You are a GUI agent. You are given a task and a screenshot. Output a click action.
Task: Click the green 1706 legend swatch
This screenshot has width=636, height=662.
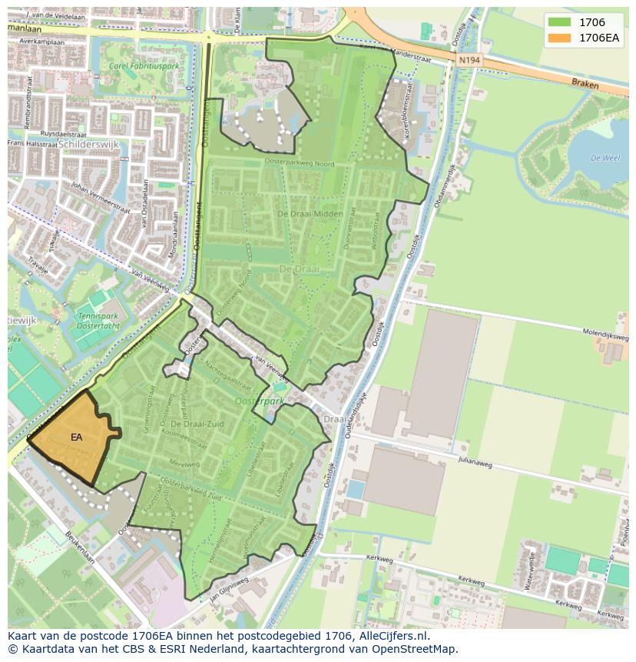[x=559, y=22]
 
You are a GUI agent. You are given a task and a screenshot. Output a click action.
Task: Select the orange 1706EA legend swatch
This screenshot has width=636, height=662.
[x=559, y=38]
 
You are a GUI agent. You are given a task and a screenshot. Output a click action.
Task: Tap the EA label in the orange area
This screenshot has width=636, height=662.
[x=76, y=437]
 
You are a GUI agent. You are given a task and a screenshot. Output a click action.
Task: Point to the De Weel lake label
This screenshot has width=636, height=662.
[x=605, y=158]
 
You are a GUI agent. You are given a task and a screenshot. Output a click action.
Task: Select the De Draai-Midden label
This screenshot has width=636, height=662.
[x=309, y=214]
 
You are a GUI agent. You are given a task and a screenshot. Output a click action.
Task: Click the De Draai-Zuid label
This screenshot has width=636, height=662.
[x=197, y=424]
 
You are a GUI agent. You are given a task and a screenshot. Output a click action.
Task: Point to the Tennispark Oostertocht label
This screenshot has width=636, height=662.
[x=97, y=321]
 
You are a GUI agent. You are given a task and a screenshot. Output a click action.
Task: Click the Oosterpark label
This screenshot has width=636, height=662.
[x=260, y=401]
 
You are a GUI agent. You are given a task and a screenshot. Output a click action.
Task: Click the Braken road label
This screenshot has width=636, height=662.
[x=585, y=84]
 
